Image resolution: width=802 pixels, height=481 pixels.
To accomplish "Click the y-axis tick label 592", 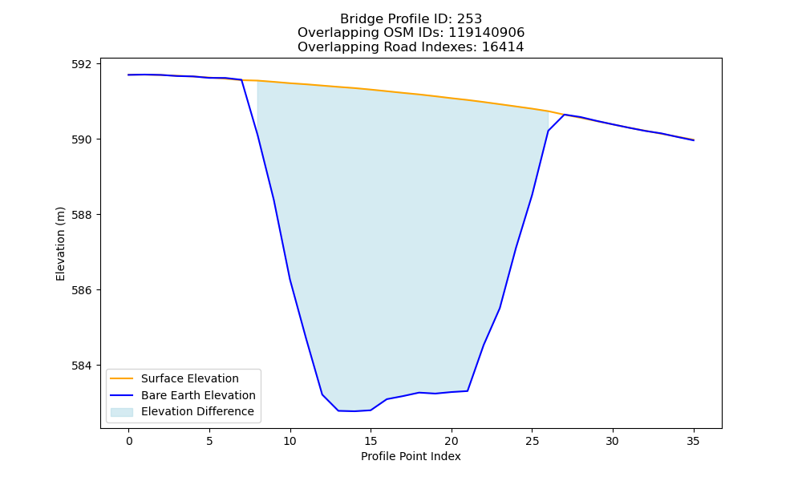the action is [83, 64].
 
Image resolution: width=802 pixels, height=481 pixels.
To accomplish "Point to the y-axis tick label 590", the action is [83, 139].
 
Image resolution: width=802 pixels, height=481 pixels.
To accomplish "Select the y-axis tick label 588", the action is [83, 215].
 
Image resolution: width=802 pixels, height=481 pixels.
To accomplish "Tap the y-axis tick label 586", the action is [83, 290].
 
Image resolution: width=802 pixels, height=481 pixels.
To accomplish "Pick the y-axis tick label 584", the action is [83, 366].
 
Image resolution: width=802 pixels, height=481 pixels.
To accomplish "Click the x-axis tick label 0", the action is [129, 441].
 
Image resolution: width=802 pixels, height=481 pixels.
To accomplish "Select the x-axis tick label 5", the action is [209, 441].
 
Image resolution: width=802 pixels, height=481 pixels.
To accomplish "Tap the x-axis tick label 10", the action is [290, 441].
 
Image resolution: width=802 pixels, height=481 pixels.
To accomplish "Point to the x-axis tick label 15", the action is [371, 441].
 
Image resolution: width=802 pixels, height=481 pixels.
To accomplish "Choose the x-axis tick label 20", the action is [451, 441].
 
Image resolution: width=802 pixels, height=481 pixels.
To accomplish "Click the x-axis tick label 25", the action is [532, 441].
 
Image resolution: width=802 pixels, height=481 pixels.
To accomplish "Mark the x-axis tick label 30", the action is [612, 441].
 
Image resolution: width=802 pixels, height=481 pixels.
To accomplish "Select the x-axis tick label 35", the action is [693, 441].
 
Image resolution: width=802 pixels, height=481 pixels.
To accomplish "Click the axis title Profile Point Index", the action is [411, 456].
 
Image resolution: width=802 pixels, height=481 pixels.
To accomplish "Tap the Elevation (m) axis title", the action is [60, 244].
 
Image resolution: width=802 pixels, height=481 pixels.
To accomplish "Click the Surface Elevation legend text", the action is [190, 378].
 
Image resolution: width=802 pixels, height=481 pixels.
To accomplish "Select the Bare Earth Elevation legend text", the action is [198, 395].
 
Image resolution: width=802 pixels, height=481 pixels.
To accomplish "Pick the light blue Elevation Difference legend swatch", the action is [122, 412].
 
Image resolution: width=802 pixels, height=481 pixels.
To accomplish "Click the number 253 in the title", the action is [469, 19].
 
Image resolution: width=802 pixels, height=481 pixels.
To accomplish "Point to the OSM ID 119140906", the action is [487, 33].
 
